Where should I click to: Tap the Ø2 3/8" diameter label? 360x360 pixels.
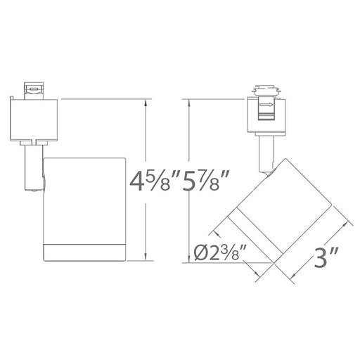[x=220, y=252]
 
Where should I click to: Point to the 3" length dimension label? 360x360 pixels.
[x=326, y=257]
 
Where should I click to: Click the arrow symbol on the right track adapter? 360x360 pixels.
[x=267, y=105]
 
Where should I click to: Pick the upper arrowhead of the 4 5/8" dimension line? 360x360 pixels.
[x=146, y=103]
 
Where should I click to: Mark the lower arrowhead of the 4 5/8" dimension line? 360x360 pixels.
[x=146, y=257]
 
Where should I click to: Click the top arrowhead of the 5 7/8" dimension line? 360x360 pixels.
[x=188, y=103]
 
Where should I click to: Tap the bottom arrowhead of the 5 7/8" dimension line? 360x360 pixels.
[x=188, y=259]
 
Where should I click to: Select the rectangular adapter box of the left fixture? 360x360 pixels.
[x=34, y=120]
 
